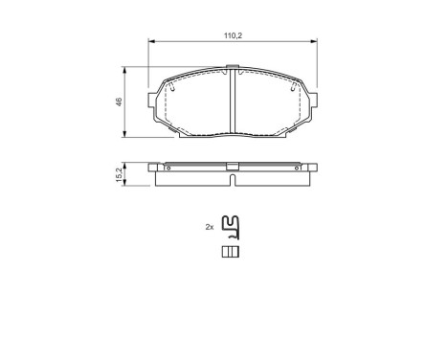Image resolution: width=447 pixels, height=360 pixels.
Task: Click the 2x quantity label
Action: (209, 227)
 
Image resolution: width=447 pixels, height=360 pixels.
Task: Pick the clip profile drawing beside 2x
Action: (230, 227)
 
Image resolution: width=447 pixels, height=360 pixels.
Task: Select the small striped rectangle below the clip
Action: (230, 252)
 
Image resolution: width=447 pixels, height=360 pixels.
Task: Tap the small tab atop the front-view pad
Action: (235, 68)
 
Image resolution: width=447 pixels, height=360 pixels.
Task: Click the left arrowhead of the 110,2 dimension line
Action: (151, 41)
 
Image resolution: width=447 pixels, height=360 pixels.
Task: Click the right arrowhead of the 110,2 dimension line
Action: (317, 41)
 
